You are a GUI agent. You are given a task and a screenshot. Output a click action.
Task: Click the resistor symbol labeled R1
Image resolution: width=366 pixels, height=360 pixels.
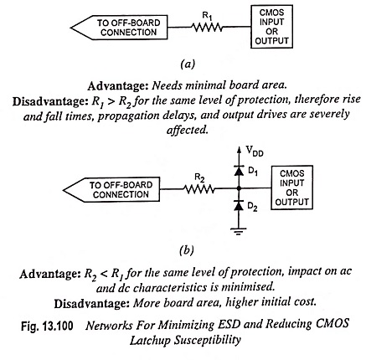click(207, 27)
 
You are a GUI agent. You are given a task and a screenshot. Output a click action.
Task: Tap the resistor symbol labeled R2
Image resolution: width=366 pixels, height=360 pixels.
click(199, 189)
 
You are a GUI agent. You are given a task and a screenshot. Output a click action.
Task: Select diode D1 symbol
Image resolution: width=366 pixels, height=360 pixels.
click(239, 171)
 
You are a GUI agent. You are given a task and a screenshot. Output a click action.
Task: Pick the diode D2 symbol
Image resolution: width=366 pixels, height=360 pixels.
click(239, 206)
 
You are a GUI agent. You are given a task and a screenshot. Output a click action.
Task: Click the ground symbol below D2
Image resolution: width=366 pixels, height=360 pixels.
click(239, 231)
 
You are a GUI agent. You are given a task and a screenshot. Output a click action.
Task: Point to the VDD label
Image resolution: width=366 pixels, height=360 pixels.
click(255, 151)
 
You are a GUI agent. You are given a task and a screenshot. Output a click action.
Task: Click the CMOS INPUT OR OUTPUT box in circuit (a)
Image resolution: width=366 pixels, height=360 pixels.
click(271, 27)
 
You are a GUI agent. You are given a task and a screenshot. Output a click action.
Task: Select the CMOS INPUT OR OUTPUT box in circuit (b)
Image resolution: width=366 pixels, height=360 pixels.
click(291, 188)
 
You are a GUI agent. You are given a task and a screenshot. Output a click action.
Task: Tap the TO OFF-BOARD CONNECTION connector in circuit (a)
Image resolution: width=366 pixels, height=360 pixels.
click(119, 28)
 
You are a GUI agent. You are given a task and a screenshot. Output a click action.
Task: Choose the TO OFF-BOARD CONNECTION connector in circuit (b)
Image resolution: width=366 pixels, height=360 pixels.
click(111, 189)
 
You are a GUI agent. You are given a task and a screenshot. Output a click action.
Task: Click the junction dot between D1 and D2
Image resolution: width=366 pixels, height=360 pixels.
click(239, 188)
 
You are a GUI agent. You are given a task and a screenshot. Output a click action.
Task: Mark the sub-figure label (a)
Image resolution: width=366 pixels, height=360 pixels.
click(188, 64)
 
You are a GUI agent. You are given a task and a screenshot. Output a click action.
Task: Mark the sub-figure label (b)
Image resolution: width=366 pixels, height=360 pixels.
click(187, 249)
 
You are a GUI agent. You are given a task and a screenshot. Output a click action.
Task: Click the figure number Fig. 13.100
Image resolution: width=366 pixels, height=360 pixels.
click(47, 326)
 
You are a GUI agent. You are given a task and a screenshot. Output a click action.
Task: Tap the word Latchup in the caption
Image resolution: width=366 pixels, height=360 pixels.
click(150, 341)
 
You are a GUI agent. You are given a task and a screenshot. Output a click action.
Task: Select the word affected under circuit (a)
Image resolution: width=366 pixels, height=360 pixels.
click(188, 130)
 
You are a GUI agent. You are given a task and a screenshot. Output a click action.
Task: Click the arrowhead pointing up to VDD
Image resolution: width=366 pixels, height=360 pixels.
click(239, 150)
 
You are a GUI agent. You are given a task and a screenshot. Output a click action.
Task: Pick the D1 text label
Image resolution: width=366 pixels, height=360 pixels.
click(253, 171)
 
